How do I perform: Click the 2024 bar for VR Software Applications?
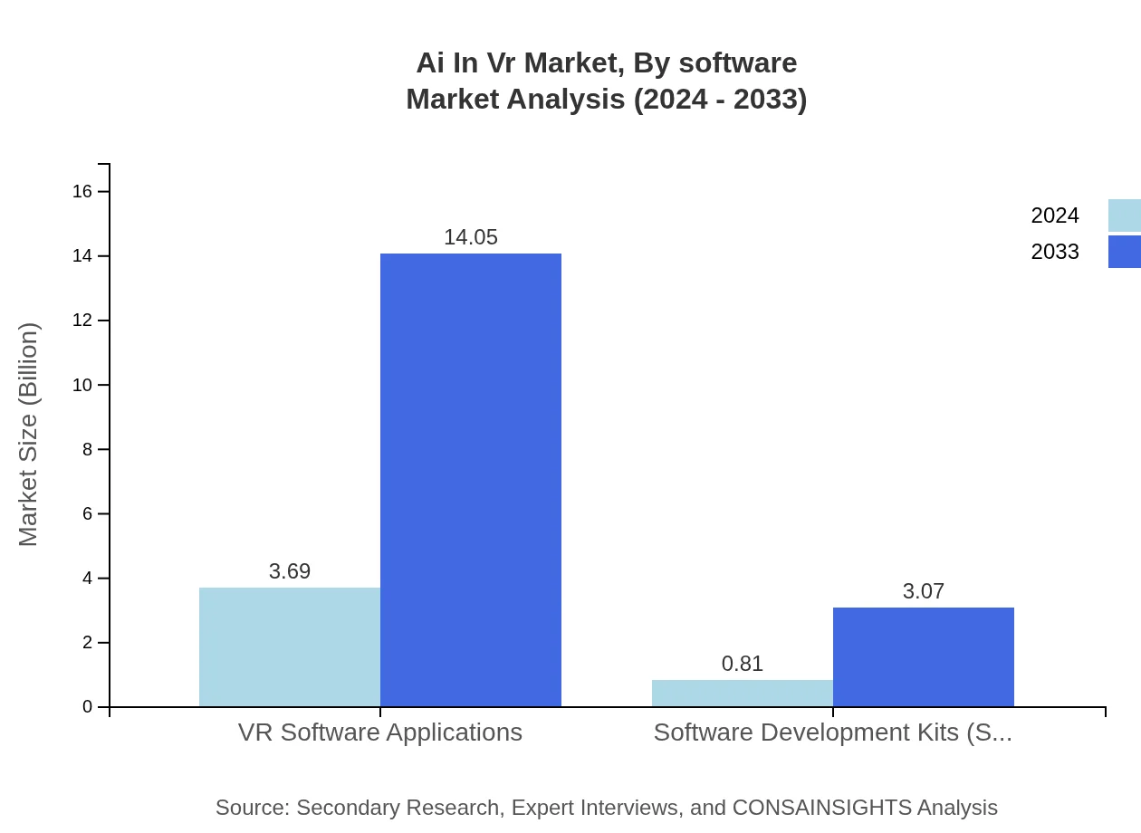[x=290, y=646]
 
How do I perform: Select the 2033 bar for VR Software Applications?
[x=471, y=480]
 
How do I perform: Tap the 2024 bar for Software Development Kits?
[x=743, y=694]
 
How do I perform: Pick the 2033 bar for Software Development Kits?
[x=924, y=656]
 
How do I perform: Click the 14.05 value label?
[x=471, y=237]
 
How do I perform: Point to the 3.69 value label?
[x=290, y=571]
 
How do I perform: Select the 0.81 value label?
[x=743, y=664]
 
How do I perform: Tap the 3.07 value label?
[x=924, y=591]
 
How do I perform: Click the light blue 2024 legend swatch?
[x=1125, y=215]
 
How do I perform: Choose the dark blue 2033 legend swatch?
[x=1125, y=252]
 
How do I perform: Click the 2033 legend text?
[x=1055, y=252]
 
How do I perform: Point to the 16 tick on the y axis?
[x=81, y=191]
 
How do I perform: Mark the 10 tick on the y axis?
[x=81, y=385]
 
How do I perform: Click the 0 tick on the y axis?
[x=87, y=706]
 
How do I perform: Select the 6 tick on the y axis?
[x=87, y=513]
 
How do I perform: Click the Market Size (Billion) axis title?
[x=28, y=435]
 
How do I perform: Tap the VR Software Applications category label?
[x=380, y=732]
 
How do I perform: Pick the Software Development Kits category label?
[x=833, y=732]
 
